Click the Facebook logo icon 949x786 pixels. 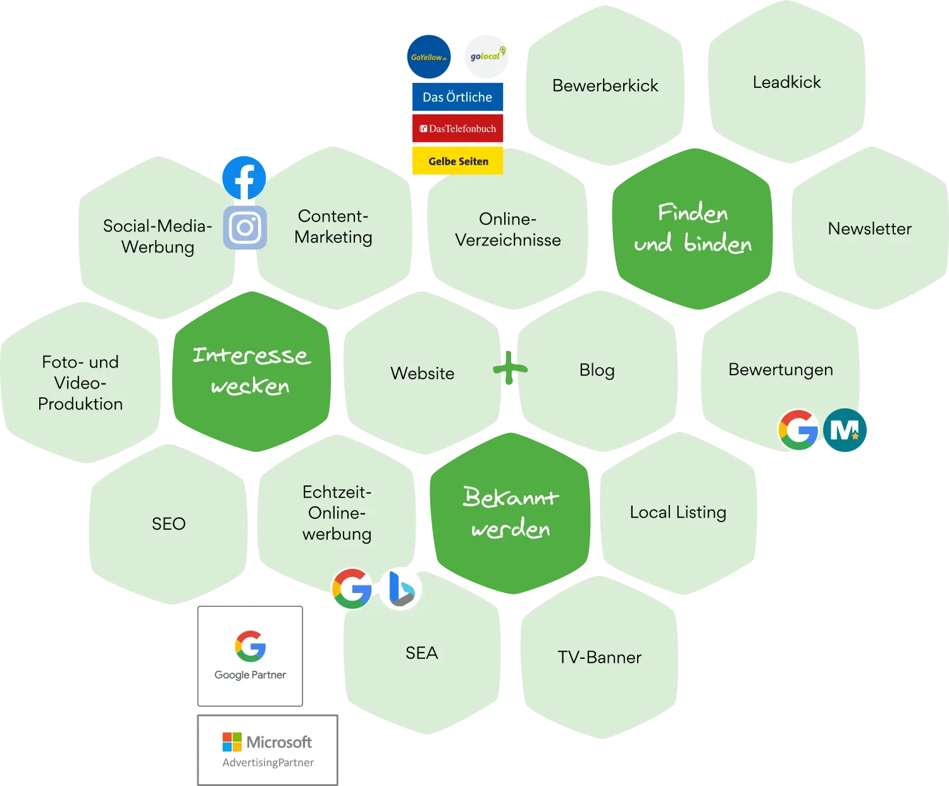tap(245, 178)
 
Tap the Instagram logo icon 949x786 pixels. tap(245, 228)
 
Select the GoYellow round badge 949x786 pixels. tap(428, 57)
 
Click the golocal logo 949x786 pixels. tap(487, 55)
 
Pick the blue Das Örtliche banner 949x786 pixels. tap(457, 97)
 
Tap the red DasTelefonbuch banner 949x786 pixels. tap(457, 128)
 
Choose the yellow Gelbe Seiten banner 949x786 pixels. tap(457, 161)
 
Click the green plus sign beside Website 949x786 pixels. tap(510, 368)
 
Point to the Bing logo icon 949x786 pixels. tap(400, 589)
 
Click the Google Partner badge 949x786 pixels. tap(251, 655)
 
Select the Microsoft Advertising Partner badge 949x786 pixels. tap(266, 750)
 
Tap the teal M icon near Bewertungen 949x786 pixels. tap(845, 430)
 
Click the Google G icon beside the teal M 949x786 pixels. tap(798, 430)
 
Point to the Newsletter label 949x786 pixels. tap(869, 228)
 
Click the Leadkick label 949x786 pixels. tap(786, 82)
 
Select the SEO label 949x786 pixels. tap(168, 524)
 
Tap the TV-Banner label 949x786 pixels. tap(599, 658)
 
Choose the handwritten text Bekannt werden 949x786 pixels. tap(511, 513)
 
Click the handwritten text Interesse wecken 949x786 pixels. tap(251, 371)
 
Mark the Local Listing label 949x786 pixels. tap(678, 512)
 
